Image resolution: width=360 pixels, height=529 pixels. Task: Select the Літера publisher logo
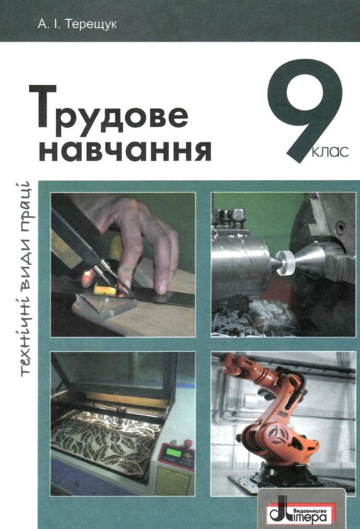(302, 507)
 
